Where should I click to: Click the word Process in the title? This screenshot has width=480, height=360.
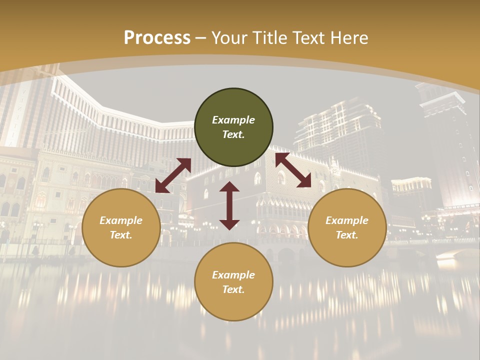(157, 38)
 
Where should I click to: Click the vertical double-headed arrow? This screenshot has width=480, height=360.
(229, 205)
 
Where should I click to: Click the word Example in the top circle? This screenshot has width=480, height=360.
(233, 120)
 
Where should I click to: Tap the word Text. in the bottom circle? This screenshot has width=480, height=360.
(233, 289)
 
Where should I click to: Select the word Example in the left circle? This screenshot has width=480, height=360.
(121, 220)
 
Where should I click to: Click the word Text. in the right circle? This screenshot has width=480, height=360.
(347, 235)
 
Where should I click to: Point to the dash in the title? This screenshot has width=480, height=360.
(201, 38)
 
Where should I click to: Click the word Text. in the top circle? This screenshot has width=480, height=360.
(233, 134)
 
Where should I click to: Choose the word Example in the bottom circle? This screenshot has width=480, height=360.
(233, 275)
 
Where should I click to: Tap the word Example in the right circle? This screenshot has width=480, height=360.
(347, 220)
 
